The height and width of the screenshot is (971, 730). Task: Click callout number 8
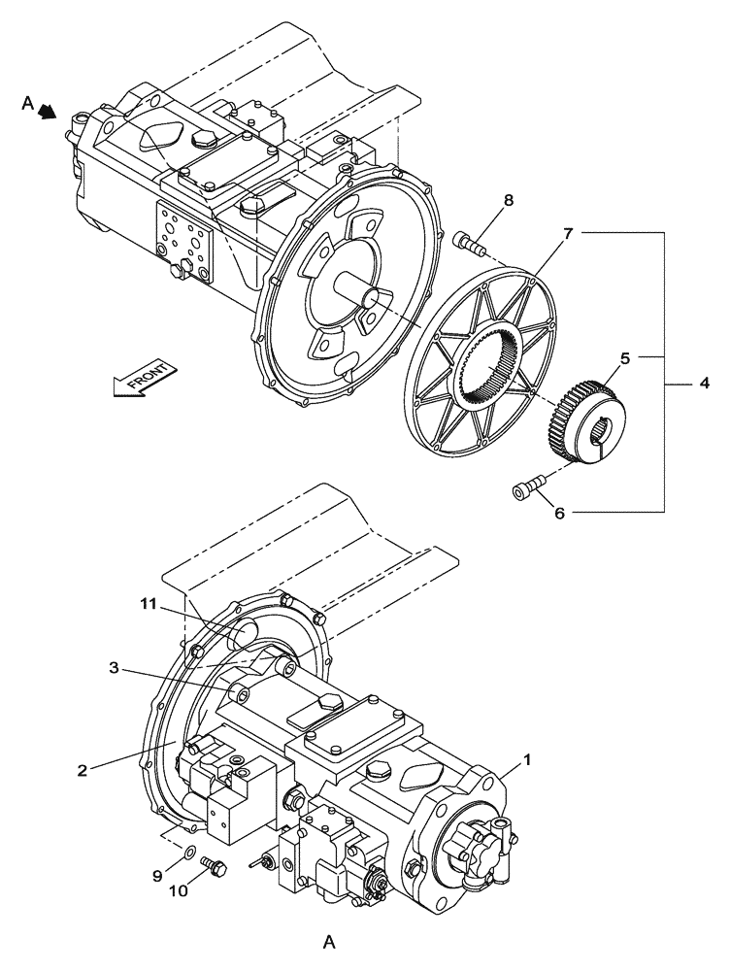(509, 201)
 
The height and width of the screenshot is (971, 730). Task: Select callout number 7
(568, 233)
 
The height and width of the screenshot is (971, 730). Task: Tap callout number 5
(624, 357)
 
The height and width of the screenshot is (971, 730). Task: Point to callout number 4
(704, 385)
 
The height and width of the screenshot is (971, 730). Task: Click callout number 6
(559, 513)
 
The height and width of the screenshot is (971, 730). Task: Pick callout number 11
(147, 603)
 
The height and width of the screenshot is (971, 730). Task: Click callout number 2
(83, 770)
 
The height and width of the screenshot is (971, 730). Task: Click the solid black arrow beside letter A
(46, 113)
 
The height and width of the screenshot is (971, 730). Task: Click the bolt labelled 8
(469, 243)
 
